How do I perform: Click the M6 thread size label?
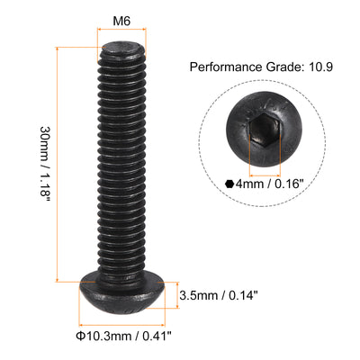point(121,20)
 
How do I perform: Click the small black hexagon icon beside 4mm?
point(229,184)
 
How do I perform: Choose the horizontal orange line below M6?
point(120,32)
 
